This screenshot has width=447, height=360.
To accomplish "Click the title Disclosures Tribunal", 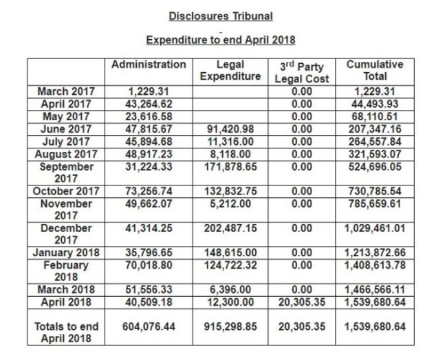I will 220,15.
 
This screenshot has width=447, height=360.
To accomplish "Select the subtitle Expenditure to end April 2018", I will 220,40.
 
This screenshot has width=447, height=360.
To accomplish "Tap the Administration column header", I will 149,65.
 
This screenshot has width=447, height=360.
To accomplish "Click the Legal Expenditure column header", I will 230,70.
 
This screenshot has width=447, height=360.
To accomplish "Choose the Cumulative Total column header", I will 375,70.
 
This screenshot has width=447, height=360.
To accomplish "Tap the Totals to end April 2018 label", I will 66,332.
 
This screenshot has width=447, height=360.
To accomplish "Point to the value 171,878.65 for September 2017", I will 230,166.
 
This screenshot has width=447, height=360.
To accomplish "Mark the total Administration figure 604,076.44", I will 149,326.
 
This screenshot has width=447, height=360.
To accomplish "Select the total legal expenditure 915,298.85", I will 230,326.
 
